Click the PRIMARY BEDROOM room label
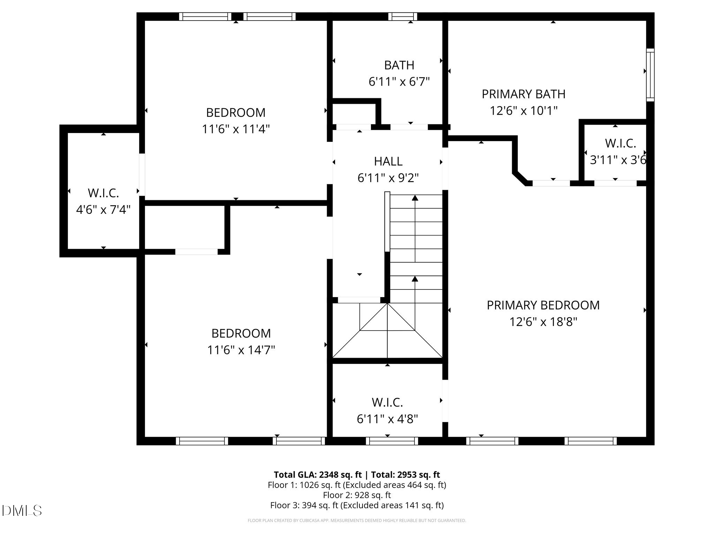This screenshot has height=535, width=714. click(543, 305)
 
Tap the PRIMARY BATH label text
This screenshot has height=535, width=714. click(524, 94)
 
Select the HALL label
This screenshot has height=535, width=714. click(388, 161)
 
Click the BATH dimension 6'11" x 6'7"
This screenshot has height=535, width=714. click(399, 82)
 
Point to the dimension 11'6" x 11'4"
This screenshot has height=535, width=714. click(236, 129)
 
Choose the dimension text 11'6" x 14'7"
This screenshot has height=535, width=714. click(241, 350)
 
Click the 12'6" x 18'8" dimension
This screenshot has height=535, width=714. click(544, 321)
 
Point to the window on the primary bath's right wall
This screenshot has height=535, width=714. click(650, 75)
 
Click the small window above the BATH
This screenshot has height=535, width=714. click(403, 16)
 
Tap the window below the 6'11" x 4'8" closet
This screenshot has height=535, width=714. click(392, 441)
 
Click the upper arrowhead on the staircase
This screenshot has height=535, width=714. click(415, 198)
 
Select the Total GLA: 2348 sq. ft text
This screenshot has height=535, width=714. click(318, 475)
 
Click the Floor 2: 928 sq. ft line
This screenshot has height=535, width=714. click(357, 495)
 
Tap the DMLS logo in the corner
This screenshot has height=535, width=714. click(22, 511)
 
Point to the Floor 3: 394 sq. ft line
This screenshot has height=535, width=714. click(357, 505)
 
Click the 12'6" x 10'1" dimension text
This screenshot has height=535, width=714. click(524, 111)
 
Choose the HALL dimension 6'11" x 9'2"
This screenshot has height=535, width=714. click(388, 178)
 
